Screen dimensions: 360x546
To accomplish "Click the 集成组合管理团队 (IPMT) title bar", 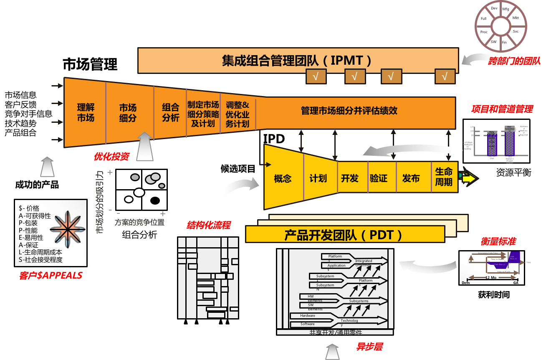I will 297,61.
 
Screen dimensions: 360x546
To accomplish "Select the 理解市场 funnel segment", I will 86,113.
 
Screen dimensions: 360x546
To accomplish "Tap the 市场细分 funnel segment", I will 128,113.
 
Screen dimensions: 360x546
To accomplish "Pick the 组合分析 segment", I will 170,113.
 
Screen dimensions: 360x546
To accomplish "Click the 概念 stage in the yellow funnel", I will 283,179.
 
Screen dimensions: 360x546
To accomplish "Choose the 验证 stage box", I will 379,178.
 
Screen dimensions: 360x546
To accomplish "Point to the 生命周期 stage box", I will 444,177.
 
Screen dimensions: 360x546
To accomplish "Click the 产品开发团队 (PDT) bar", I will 344,235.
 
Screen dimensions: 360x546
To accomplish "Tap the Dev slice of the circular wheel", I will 494,8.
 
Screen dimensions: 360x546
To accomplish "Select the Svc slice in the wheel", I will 516,31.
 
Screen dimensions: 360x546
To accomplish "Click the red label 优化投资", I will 111,157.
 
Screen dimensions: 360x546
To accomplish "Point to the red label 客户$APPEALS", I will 51,276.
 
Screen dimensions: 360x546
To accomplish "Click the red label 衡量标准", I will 498,241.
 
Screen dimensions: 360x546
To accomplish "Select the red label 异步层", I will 369,347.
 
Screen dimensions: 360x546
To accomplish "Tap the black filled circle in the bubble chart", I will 155,200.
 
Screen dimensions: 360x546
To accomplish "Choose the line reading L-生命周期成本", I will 40,252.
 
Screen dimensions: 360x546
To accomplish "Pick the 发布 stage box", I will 411,178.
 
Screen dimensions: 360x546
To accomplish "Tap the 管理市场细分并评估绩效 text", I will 349,111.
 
